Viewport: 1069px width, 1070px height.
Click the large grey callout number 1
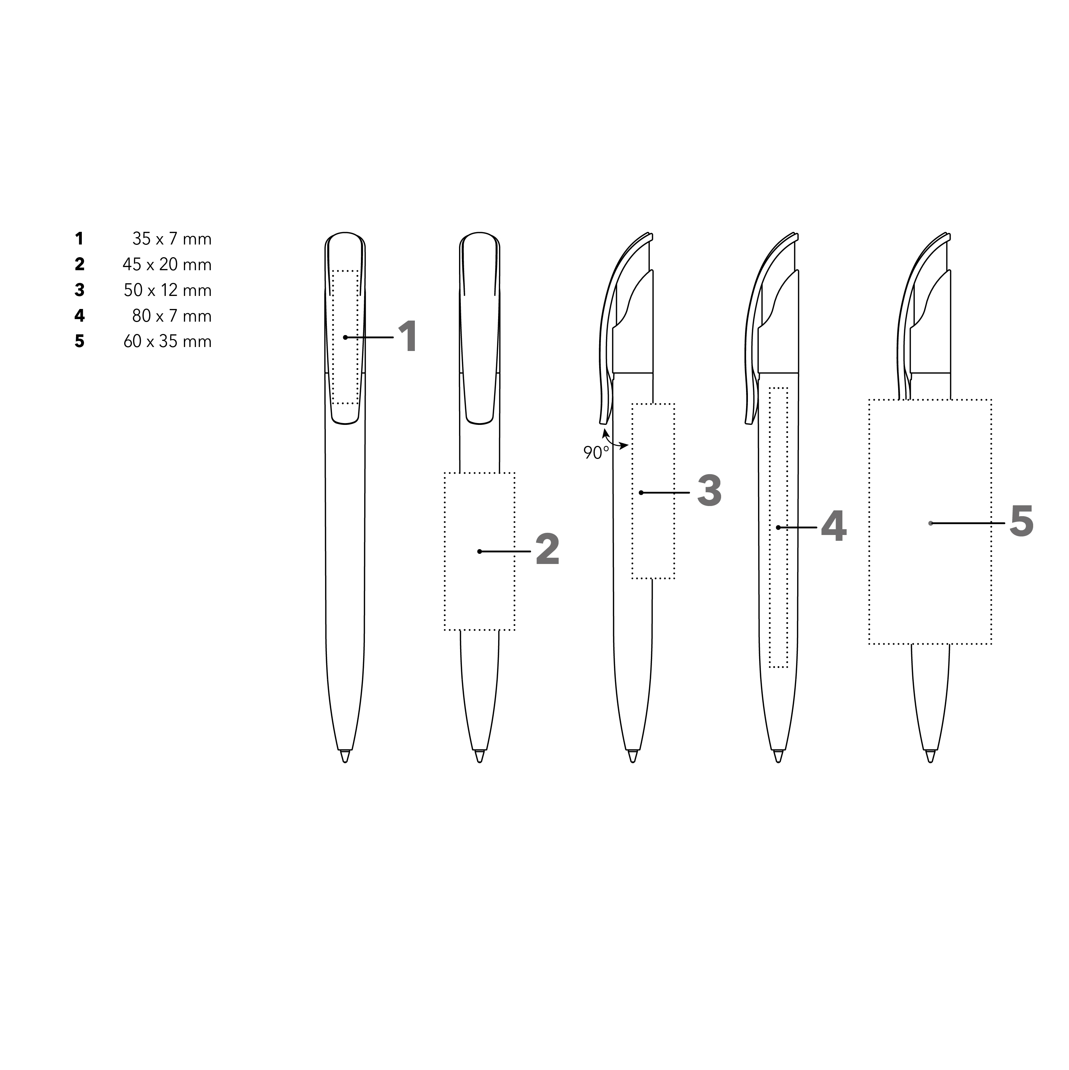[x=408, y=337]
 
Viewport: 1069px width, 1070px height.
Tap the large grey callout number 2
[x=547, y=550]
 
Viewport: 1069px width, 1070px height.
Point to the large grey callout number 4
[x=833, y=526]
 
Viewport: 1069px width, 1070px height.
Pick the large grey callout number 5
[x=1021, y=521]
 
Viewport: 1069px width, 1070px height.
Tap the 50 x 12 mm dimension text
[x=168, y=290]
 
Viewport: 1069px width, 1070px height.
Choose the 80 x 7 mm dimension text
[x=172, y=316]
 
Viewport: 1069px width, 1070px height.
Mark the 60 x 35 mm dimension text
[x=168, y=341]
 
